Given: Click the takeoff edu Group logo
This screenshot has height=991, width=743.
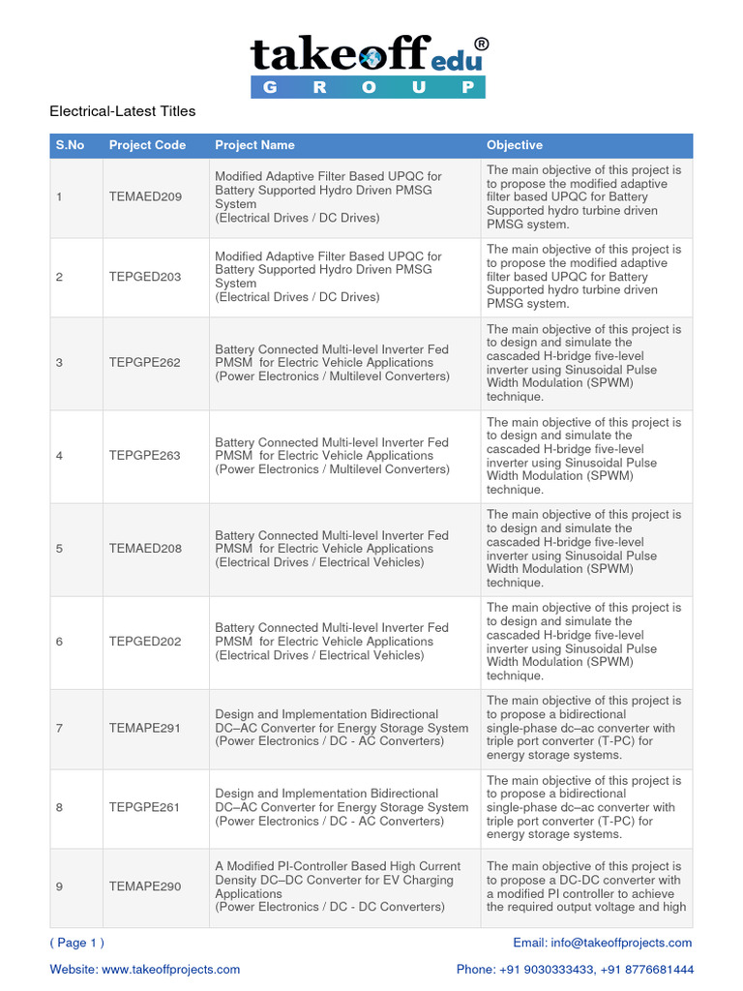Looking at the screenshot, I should pos(369,67).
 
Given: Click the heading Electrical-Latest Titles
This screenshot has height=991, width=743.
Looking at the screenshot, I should pos(122,111).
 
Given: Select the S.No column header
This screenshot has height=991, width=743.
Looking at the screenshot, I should pos(70,145).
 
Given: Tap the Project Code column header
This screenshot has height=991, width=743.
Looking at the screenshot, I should pos(147,145).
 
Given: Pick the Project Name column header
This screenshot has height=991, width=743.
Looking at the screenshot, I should pos(254,145).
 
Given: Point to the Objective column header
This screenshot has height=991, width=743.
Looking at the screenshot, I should pos(515,145).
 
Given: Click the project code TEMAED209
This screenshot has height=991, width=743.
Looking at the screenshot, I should pos(145,197).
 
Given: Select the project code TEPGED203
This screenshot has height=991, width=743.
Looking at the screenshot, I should pos(145,277).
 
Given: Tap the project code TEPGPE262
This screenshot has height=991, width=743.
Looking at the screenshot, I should pos(145,363).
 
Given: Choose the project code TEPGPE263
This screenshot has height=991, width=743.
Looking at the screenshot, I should pos(145,456).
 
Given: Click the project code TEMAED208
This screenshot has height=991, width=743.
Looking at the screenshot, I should pos(145,549).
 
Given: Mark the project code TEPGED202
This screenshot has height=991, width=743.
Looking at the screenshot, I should pos(145,642).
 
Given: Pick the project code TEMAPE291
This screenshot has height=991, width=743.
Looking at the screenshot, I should pos(145,728).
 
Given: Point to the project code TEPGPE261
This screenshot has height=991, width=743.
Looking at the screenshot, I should pos(145,807).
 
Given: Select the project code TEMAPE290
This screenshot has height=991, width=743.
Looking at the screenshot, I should pos(145,886).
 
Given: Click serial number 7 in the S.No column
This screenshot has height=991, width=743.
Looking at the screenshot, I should pos(59,728).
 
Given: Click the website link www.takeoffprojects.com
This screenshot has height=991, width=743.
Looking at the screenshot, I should pos(170,969).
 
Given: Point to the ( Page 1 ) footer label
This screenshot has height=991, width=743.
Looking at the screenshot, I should pos(77,943).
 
